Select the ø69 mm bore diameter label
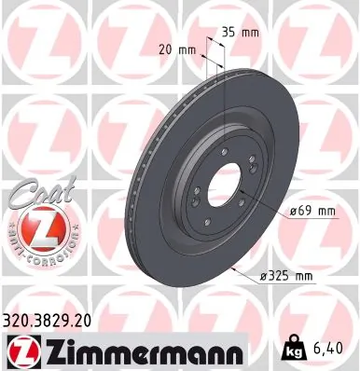(x=312, y=212)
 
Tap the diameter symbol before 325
(x=265, y=276)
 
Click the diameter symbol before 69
(x=292, y=212)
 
